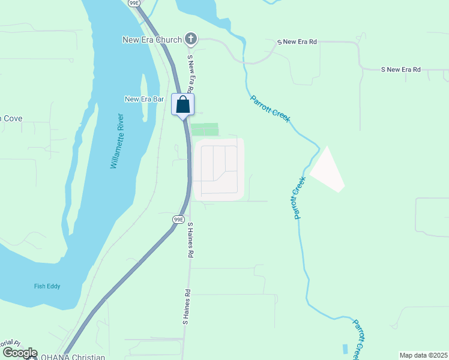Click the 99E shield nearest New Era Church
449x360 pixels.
click(x=134, y=3)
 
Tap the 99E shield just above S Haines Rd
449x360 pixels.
click(x=178, y=220)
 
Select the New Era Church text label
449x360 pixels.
click(x=152, y=40)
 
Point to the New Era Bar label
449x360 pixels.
click(x=144, y=99)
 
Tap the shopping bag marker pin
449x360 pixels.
click(x=183, y=105)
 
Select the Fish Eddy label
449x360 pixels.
click(x=47, y=287)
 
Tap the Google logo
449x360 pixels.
click(x=20, y=353)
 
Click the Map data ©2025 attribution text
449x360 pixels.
click(x=423, y=355)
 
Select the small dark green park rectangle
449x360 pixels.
click(x=205, y=130)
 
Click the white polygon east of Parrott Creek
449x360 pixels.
click(x=327, y=169)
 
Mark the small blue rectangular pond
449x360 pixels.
click(x=345, y=348)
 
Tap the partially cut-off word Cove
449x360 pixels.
click(x=11, y=118)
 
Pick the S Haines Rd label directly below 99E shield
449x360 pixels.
click(x=190, y=240)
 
